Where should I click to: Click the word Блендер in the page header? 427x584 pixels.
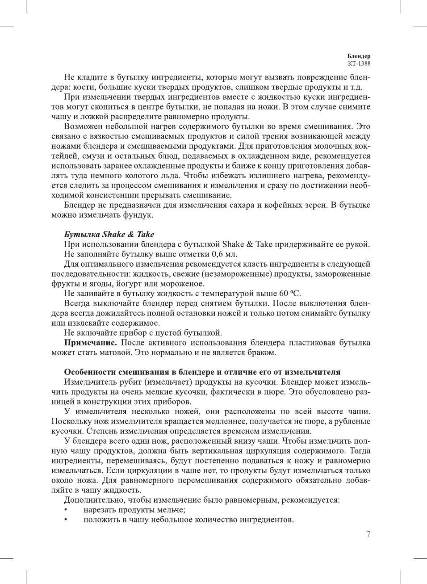(359, 56)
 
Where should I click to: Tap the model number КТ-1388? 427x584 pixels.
(359, 63)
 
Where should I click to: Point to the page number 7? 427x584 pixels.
(368, 534)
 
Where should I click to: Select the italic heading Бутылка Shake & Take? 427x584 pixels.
(109, 235)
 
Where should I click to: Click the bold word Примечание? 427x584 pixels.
(91, 343)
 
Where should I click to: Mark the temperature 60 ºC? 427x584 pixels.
(290, 294)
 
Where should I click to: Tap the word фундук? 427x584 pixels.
(139, 215)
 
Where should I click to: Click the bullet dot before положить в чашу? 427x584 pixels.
(66, 520)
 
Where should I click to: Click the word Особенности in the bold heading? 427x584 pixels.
(90, 372)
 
